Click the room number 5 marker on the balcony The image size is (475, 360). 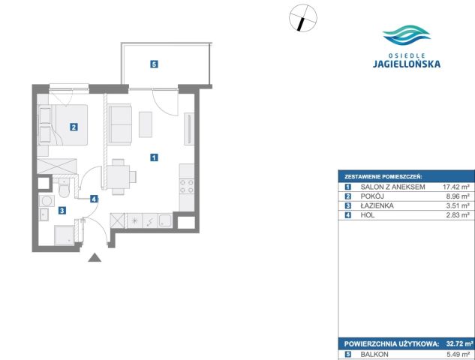click(154, 64)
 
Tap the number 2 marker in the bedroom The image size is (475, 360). click(74, 127)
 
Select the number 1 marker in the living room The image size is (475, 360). click(154, 157)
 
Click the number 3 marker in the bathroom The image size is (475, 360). click(62, 211)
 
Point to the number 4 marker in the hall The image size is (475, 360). click(95, 199)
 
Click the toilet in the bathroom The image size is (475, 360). click(64, 188)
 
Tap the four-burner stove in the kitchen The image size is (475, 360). click(187, 187)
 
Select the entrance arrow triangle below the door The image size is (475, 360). click(95, 257)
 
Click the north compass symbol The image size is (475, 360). click(303, 17)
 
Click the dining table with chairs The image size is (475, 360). click(121, 177)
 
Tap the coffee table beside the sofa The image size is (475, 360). click(146, 124)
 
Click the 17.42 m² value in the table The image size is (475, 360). click(456, 187)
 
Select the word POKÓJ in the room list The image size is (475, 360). click(372, 196)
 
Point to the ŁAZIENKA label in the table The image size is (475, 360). click(377, 205)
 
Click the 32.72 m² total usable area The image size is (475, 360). click(459, 344)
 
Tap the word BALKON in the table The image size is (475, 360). click(374, 354)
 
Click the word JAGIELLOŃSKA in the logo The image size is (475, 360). click(407, 64)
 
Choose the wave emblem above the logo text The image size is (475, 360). click(407, 35)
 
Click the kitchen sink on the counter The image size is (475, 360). click(165, 220)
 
